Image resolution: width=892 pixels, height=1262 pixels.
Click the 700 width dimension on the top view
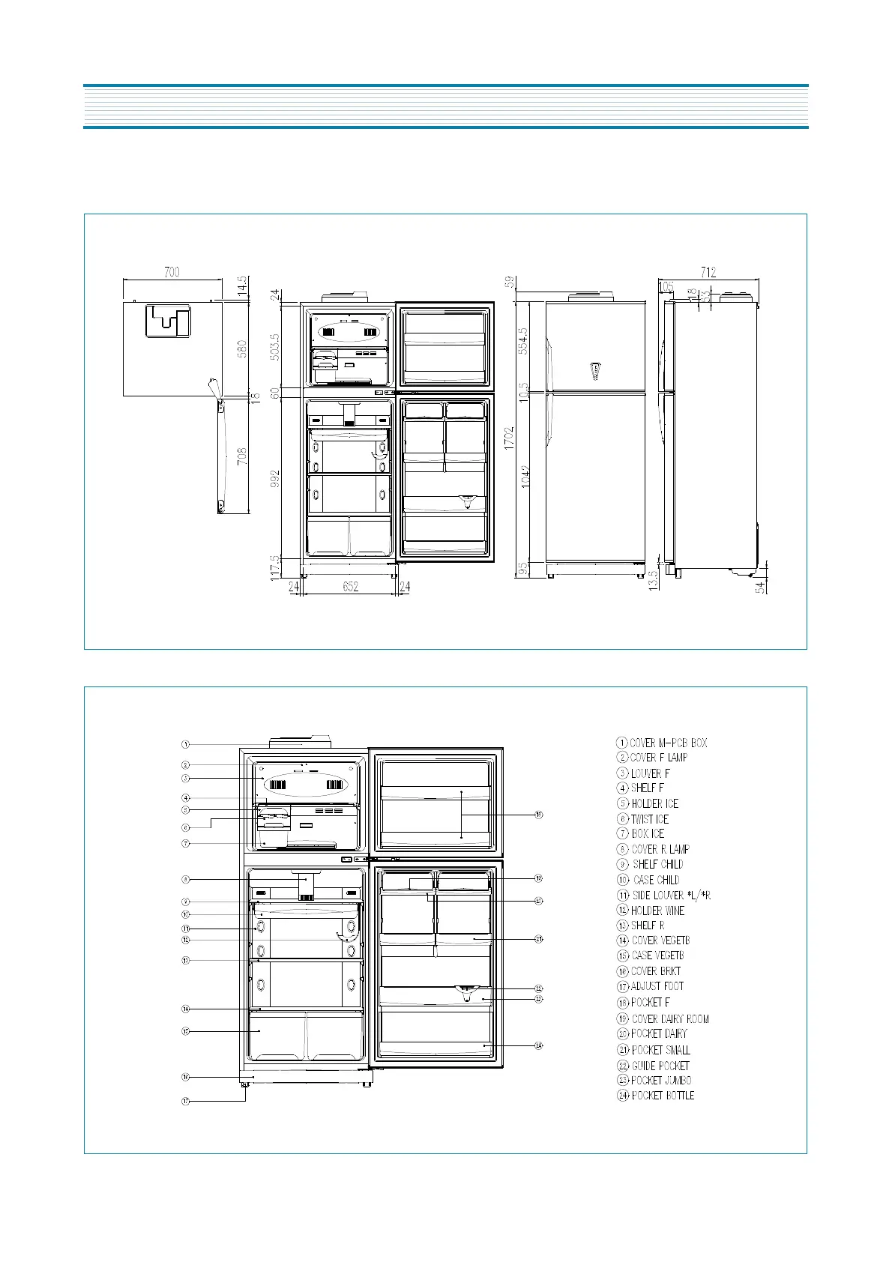172,272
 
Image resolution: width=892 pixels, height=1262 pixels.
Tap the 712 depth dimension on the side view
708,272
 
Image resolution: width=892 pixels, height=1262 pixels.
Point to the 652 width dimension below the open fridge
350,587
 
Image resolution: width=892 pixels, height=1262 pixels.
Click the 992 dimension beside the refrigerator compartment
275,479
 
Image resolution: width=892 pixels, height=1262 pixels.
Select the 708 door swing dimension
242,456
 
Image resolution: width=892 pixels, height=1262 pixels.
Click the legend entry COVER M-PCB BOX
662,743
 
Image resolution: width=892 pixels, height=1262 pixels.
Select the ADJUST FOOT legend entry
650,986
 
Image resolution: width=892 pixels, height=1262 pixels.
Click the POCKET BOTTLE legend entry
655,1096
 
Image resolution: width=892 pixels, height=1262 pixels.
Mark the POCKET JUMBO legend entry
654,1081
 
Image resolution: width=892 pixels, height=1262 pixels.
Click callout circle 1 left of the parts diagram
185,744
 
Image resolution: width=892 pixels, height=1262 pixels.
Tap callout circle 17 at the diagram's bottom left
185,1101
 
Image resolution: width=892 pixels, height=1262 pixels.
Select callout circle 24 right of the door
539,1045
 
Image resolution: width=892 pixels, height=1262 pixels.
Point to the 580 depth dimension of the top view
242,348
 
